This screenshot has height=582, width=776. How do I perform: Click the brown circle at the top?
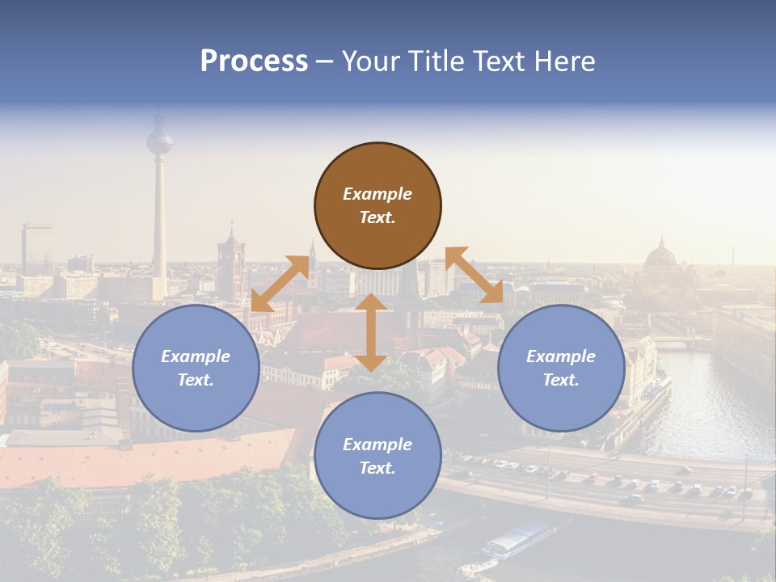coord(377,206)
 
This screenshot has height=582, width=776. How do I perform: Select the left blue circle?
coord(196,369)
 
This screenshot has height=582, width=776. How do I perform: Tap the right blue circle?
coord(561,369)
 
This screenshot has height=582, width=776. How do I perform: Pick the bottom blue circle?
coord(377,456)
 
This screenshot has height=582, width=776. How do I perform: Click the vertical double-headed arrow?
coord(371,332)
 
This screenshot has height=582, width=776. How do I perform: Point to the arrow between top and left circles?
coord(280,283)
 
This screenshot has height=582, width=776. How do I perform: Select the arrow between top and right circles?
coord(474,275)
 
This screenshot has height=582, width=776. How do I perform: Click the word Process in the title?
coord(254,61)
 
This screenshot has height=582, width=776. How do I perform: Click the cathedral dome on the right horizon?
coord(661,257)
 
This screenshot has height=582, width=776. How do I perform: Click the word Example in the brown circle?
coord(377,194)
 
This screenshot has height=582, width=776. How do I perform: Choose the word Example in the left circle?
coord(196,356)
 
